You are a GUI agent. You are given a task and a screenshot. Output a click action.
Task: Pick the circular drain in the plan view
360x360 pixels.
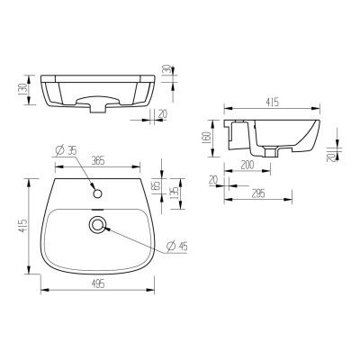click(x=97, y=223)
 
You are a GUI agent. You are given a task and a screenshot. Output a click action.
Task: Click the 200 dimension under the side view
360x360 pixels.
click(x=247, y=166)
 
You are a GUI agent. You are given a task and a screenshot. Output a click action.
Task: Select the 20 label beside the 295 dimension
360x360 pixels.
click(x=214, y=181)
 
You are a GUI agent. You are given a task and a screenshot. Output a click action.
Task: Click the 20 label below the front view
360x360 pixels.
click(x=163, y=114)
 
